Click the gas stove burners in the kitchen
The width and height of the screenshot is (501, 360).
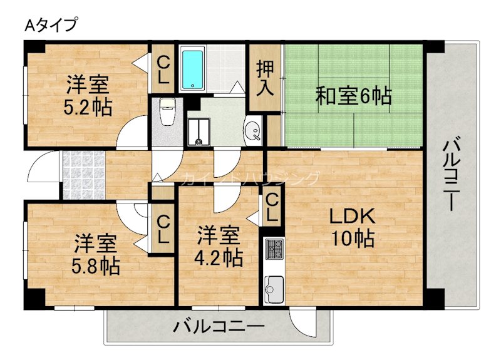pos(274,249)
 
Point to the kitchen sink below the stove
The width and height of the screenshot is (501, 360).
pos(274,289)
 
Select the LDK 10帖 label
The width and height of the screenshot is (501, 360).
pos(352,228)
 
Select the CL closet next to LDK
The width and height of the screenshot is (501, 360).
pos(272,208)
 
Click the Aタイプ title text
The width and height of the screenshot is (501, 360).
pos(51,26)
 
